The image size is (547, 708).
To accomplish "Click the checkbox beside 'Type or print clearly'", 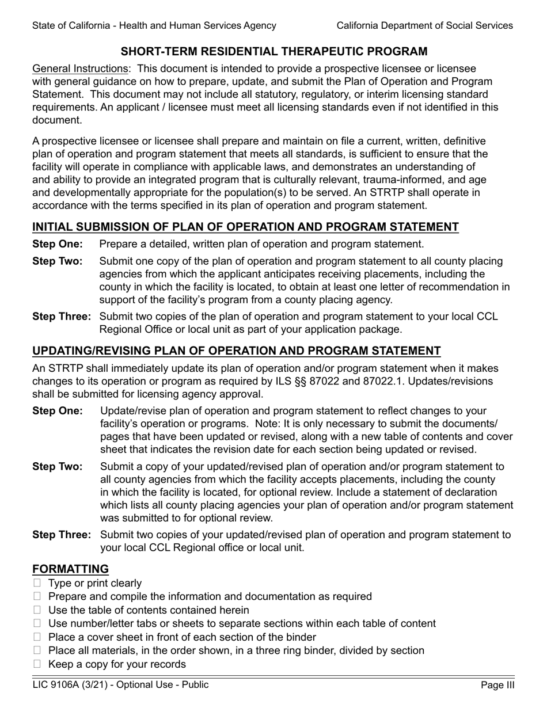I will (37, 584).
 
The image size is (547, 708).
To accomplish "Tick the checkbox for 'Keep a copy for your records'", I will (37, 664).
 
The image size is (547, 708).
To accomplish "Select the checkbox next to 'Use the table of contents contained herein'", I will (37, 610).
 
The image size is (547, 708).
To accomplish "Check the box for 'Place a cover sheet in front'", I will (37, 637).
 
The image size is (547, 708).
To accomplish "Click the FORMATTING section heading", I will (70, 569).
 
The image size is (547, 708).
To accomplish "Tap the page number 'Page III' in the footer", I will (497, 685).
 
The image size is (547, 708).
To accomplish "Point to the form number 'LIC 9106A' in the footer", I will (58, 685).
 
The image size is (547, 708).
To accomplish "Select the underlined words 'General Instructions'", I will (80, 68).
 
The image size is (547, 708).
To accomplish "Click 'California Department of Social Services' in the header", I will (424, 25).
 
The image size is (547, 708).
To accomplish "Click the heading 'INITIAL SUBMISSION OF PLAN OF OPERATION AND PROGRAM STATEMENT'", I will (245, 227).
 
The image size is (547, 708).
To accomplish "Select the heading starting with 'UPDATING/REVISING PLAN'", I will (236, 351).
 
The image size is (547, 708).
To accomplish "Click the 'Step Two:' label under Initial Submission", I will (58, 261).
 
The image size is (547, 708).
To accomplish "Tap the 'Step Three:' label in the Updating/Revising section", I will (62, 535).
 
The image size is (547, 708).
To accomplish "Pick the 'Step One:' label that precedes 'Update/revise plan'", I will (58, 411).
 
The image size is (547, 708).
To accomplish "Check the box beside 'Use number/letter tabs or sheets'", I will (37, 624).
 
